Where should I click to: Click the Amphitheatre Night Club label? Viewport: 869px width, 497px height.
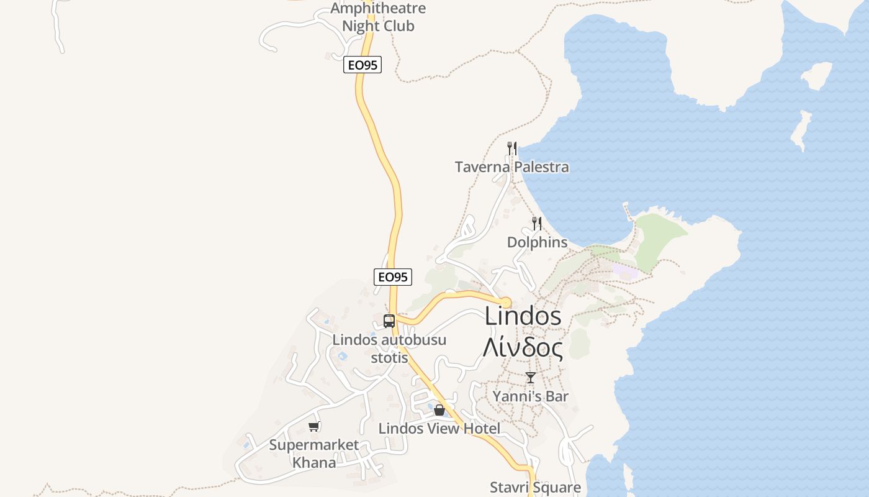pyautogui.click(x=378, y=17)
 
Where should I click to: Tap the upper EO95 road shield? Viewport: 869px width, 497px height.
pyautogui.click(x=362, y=65)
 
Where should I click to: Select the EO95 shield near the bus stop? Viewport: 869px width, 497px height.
pyautogui.click(x=393, y=277)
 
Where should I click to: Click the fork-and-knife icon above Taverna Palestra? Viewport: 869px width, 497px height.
pyautogui.click(x=512, y=148)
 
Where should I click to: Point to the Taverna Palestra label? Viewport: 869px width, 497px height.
pyautogui.click(x=511, y=167)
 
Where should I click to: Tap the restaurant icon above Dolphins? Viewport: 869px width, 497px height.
pyautogui.click(x=537, y=224)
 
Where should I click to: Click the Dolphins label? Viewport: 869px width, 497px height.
pyautogui.click(x=537, y=242)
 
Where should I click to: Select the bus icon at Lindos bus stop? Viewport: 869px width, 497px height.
pyautogui.click(x=389, y=321)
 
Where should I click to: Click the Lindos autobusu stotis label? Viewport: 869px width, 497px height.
pyautogui.click(x=389, y=349)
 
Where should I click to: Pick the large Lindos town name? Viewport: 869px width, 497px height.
pyautogui.click(x=523, y=316)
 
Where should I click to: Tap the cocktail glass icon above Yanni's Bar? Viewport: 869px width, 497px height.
pyautogui.click(x=531, y=378)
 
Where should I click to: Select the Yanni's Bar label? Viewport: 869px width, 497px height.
pyautogui.click(x=530, y=396)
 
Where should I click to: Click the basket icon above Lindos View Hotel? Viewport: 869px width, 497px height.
pyautogui.click(x=439, y=410)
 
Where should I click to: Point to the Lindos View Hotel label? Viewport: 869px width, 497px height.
pyautogui.click(x=439, y=429)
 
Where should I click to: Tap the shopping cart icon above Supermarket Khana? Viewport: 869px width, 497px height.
pyautogui.click(x=314, y=427)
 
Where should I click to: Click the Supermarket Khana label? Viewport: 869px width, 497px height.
pyautogui.click(x=314, y=454)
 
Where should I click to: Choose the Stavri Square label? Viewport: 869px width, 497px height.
pyautogui.click(x=535, y=488)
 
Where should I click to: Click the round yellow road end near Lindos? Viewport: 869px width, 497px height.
pyautogui.click(x=506, y=303)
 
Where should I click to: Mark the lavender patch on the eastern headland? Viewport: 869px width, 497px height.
pyautogui.click(x=624, y=271)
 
